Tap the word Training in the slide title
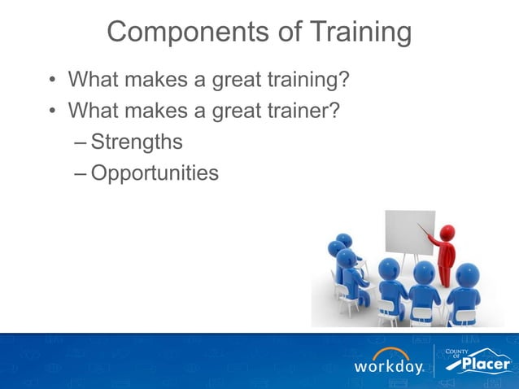(351, 33)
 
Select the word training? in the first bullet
(309, 80)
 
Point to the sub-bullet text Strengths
(136, 142)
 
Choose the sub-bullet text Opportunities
(155, 173)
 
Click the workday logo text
(388, 367)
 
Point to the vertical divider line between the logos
(435, 361)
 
